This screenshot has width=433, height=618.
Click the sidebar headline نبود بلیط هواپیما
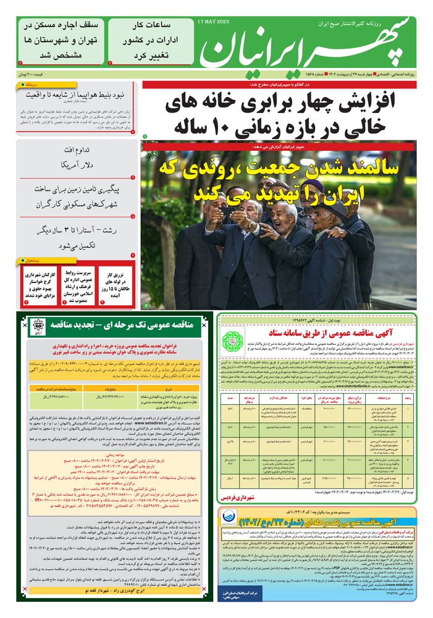pos(79,95)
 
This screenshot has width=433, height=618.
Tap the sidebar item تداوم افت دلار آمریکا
pos(79,158)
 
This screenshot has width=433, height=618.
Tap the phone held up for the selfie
pos(230,212)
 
